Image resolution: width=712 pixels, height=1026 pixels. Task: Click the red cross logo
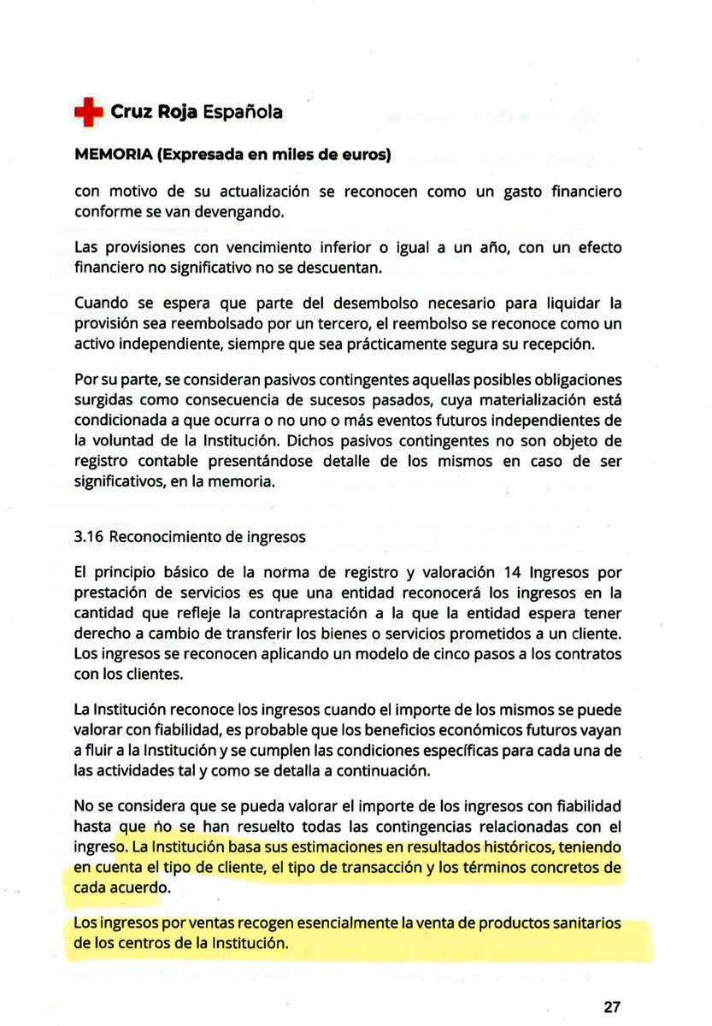pos(87,112)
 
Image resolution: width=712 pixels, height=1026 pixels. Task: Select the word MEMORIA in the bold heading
pos(109,156)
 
